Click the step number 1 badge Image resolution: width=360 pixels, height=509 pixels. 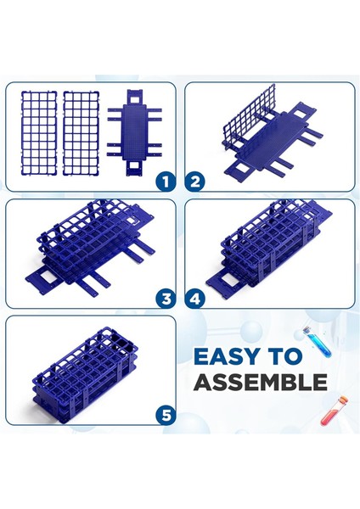166,182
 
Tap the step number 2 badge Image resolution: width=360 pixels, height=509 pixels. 195,182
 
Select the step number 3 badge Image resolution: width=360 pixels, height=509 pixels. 166,299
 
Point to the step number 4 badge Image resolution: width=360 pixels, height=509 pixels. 195,299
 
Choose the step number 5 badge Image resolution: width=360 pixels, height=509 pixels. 166,415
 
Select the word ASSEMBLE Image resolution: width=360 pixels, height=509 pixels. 261,382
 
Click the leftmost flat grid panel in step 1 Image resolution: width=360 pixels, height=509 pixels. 39,133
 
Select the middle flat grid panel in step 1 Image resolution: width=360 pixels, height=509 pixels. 81,133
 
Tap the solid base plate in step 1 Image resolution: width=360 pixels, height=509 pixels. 134,132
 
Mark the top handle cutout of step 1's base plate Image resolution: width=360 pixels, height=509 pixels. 134,97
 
